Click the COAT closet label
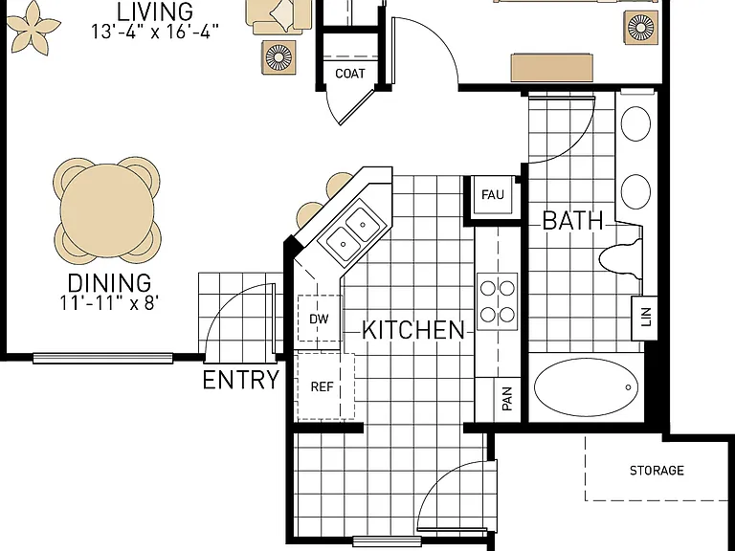click(x=350, y=74)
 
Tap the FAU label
click(x=493, y=194)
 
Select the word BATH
click(x=572, y=221)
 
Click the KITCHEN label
click(x=413, y=330)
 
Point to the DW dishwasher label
click(x=320, y=320)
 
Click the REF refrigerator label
click(x=323, y=387)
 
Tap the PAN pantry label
click(x=507, y=399)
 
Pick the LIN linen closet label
click(x=646, y=317)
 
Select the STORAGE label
click(x=657, y=471)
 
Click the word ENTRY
click(x=241, y=380)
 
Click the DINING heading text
click(x=110, y=283)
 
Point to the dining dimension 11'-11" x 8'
click(x=109, y=303)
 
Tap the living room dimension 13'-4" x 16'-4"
click(x=155, y=32)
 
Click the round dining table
click(x=107, y=209)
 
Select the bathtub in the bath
click(x=586, y=387)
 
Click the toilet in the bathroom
click(x=620, y=258)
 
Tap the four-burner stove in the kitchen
click(x=498, y=301)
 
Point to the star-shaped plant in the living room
click(x=33, y=28)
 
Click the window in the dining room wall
click(x=103, y=358)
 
